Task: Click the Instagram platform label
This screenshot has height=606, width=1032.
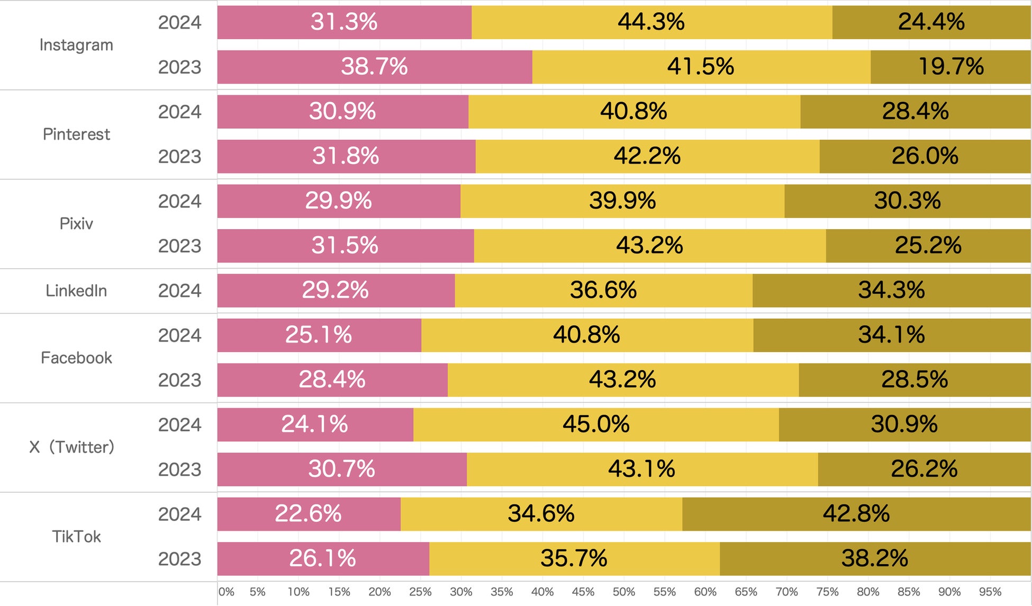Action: [76, 45]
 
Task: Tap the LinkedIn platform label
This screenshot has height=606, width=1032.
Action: [76, 291]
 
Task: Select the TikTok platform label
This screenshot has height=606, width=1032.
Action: [76, 537]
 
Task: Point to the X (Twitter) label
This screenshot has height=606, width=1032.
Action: [71, 447]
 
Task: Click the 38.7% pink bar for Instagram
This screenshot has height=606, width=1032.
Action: [375, 67]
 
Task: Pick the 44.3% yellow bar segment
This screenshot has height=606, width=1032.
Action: [651, 22]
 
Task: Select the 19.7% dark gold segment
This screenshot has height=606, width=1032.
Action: [950, 67]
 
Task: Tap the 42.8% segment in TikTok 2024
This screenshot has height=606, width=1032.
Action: [856, 514]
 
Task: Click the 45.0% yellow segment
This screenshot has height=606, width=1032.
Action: [596, 424]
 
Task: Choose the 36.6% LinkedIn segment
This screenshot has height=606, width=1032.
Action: [603, 291]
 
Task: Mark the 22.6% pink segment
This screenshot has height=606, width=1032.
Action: [309, 514]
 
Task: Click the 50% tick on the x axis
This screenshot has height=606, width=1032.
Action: [624, 592]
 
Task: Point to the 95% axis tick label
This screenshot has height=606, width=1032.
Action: [990, 592]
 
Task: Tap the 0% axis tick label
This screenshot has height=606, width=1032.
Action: [227, 592]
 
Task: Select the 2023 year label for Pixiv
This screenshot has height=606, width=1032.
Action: [179, 246]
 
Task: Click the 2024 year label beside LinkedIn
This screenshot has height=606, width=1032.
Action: [179, 291]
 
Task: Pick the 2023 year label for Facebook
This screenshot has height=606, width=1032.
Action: [179, 380]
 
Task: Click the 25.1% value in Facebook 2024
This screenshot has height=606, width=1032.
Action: [319, 335]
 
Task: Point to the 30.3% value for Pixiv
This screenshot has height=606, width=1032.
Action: [907, 201]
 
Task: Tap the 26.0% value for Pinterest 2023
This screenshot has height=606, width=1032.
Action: [925, 156]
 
